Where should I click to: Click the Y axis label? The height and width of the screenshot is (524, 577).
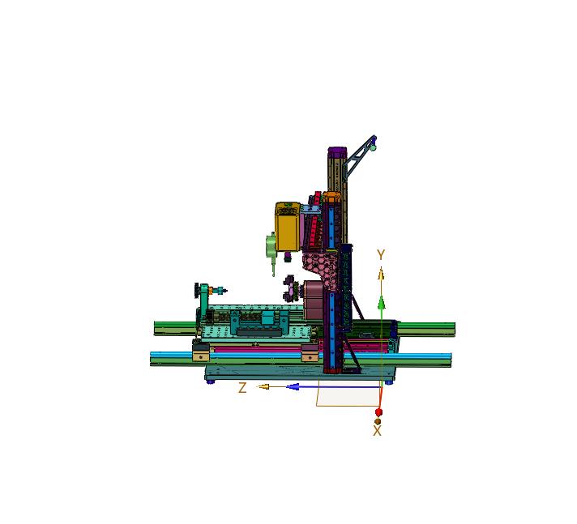[x=381, y=255]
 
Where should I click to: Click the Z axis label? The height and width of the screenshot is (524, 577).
[x=242, y=388]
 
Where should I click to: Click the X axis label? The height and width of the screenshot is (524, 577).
[x=377, y=432]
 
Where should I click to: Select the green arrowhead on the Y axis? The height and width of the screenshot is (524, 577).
[x=381, y=303]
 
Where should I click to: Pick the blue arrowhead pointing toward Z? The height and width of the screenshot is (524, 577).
[x=293, y=386]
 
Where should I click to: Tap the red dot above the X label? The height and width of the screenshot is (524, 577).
[x=378, y=412]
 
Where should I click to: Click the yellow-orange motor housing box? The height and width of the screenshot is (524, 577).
[x=287, y=228]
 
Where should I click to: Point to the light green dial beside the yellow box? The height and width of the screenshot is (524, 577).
[x=270, y=245]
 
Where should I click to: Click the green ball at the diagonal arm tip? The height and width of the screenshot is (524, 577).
[x=374, y=147]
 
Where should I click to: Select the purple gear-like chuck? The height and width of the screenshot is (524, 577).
[x=289, y=288]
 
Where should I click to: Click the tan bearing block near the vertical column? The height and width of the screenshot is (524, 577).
[x=310, y=354]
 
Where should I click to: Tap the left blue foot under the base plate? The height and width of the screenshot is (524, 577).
[x=211, y=381]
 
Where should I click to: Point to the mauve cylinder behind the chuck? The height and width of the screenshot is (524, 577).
[x=312, y=293]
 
